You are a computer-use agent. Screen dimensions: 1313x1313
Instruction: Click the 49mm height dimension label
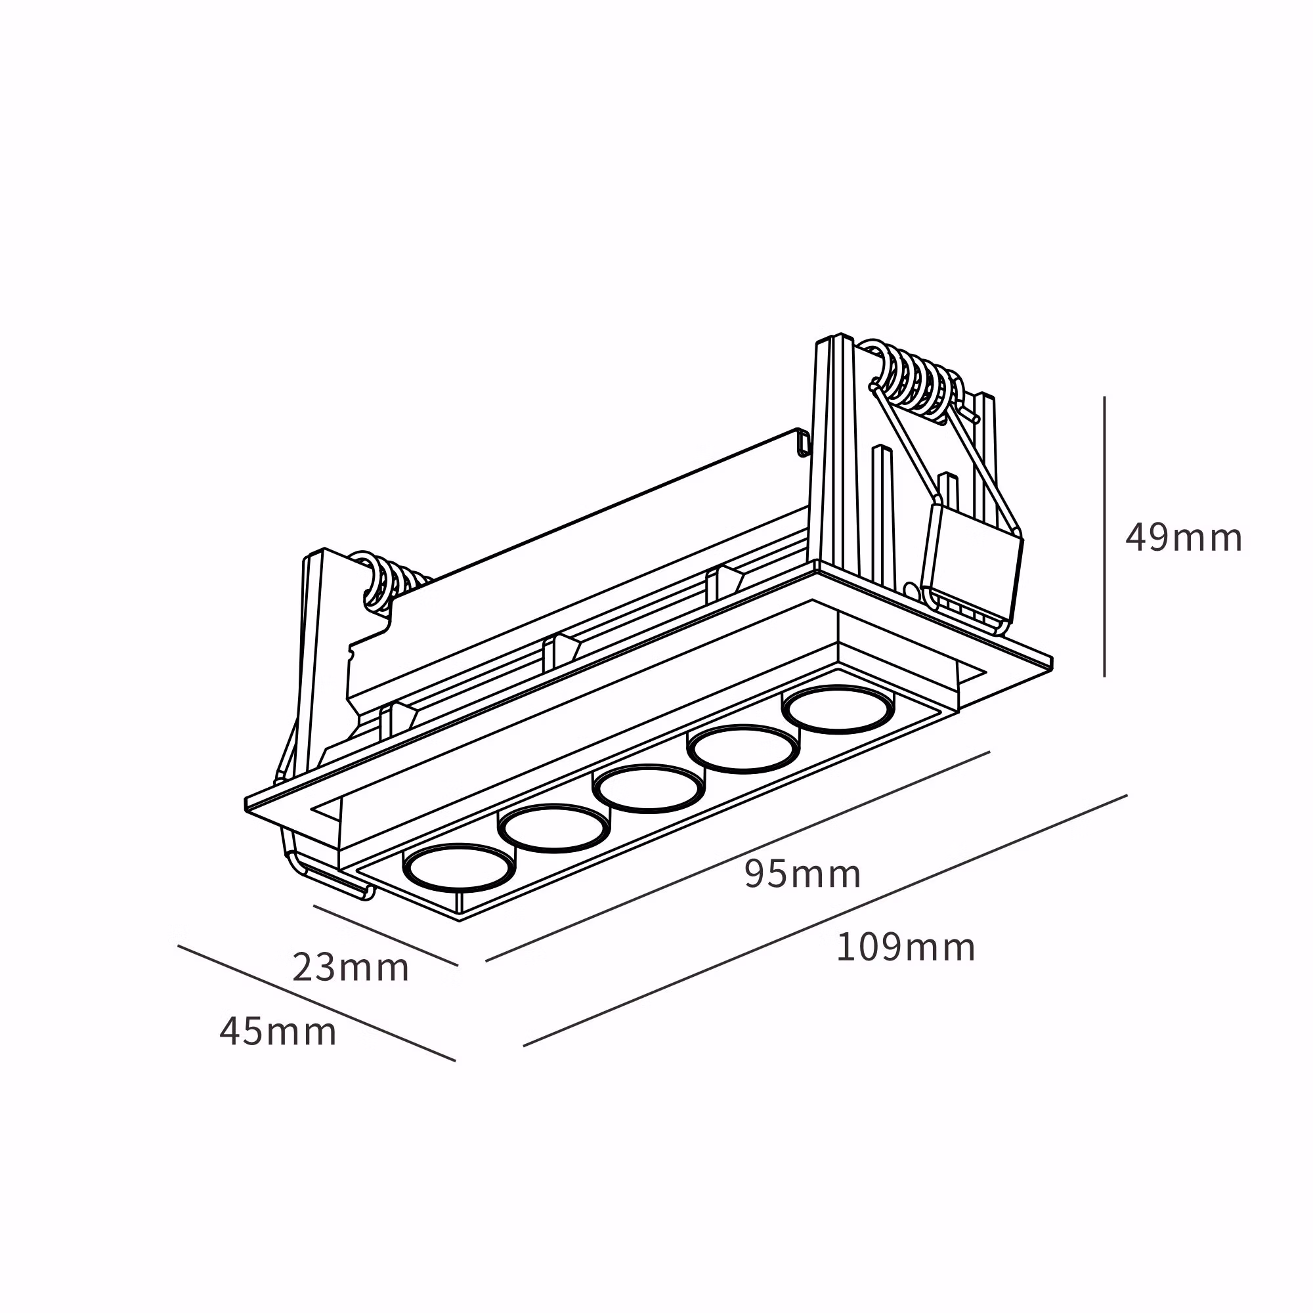pos(1183,538)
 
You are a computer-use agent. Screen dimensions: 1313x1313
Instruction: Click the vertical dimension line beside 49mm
pos(1104,537)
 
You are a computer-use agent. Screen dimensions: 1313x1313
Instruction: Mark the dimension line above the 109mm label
pos(825,920)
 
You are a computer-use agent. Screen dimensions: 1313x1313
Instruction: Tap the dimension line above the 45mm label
pos(316,1003)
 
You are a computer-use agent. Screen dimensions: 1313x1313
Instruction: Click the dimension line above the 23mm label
pos(385,935)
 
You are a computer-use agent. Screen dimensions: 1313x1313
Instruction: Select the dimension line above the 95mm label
pos(737,856)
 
